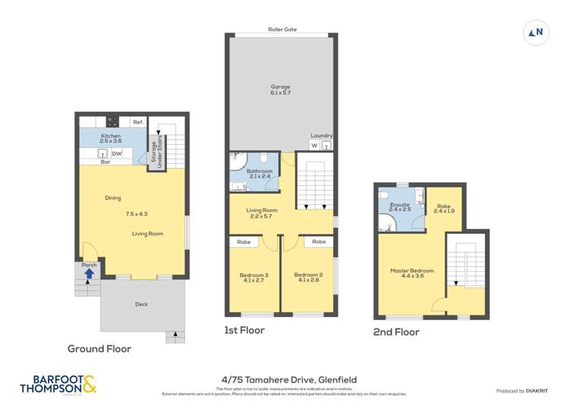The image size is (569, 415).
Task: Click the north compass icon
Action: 536,32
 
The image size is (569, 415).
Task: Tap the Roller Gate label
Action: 281,30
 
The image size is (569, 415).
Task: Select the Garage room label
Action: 281,90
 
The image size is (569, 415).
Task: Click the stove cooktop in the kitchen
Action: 112,121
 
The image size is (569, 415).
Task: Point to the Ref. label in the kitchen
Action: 137,122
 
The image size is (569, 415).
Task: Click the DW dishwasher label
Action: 117,154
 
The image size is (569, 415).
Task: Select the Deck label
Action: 141,304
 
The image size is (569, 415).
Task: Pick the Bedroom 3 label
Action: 254,278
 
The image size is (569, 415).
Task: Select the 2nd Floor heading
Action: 395,332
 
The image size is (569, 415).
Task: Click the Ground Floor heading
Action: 99,349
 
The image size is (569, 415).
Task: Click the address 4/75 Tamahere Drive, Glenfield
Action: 284,379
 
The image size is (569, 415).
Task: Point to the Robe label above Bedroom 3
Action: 244,242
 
